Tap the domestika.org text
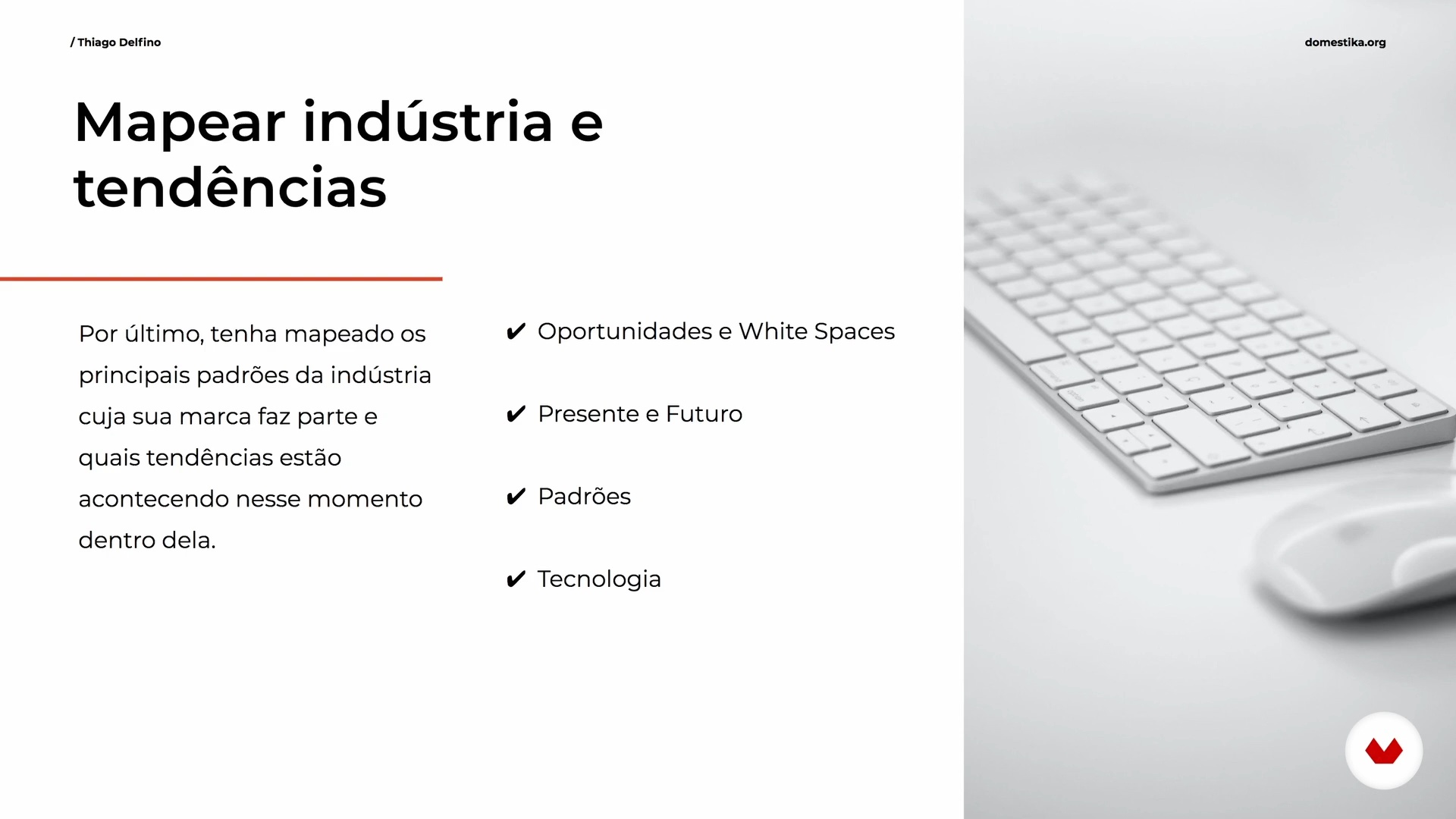(x=1345, y=42)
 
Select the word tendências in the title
(x=230, y=187)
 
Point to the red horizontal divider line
(x=221, y=279)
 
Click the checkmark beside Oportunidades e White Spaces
(x=516, y=331)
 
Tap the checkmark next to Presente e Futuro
(x=516, y=414)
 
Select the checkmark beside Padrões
(x=516, y=497)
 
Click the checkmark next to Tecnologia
(x=516, y=579)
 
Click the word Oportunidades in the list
(x=625, y=332)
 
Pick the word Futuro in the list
(x=704, y=414)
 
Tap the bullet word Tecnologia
(x=599, y=579)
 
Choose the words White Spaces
(x=817, y=332)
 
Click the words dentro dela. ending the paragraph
(x=147, y=540)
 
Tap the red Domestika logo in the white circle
(x=1384, y=752)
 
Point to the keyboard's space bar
(x=1198, y=436)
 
